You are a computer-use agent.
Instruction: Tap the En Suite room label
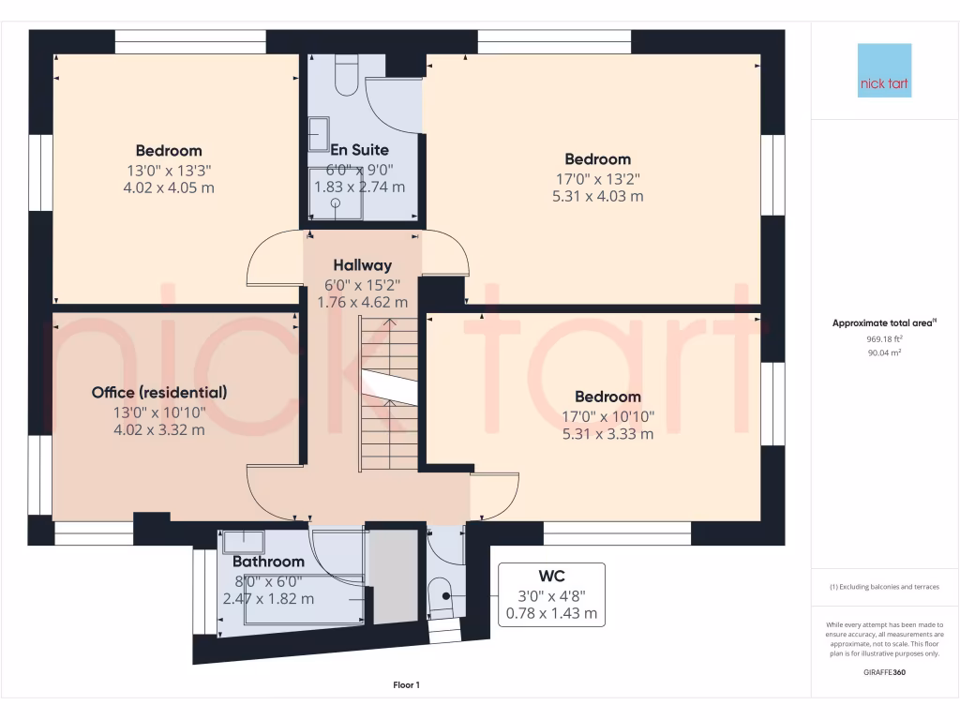click(x=359, y=150)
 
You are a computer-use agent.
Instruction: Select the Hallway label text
click(x=362, y=265)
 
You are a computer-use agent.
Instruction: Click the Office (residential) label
click(x=159, y=393)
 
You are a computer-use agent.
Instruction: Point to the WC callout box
click(x=551, y=594)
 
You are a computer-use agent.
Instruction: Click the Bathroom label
click(x=268, y=562)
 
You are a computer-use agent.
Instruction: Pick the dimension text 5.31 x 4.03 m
click(x=597, y=197)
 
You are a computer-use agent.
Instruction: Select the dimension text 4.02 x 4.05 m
click(x=169, y=187)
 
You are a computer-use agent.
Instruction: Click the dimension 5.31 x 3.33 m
click(x=607, y=434)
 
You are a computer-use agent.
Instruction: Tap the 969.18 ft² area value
click(x=884, y=338)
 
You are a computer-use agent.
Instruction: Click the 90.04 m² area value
click(x=884, y=352)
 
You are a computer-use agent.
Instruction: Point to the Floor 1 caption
click(x=406, y=685)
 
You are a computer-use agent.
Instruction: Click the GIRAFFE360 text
click(x=884, y=672)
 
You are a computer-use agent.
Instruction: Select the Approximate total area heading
click(x=884, y=323)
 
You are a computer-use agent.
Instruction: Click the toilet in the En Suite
click(x=345, y=75)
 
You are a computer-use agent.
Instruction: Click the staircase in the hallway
click(x=387, y=394)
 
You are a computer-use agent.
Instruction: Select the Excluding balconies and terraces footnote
click(x=884, y=587)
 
